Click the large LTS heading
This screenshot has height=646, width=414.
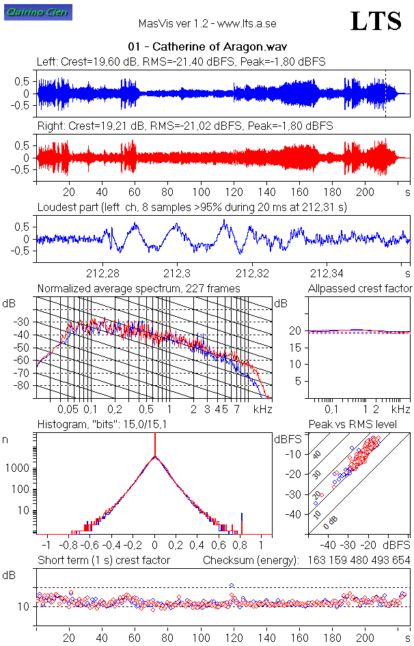point(376,22)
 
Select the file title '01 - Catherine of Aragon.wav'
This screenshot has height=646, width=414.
point(207,47)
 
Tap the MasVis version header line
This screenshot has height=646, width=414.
point(207,23)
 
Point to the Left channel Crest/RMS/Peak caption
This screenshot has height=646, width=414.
point(181,61)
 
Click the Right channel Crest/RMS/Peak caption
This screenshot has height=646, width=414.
point(185,126)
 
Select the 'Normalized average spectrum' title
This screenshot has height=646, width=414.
point(139,289)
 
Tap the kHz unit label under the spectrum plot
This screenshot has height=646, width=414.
point(263,409)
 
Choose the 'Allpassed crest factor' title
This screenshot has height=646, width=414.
point(360,289)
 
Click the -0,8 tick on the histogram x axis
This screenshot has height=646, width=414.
point(68,546)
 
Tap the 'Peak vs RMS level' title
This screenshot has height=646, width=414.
point(353,425)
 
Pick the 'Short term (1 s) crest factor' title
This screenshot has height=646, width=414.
point(103,561)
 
